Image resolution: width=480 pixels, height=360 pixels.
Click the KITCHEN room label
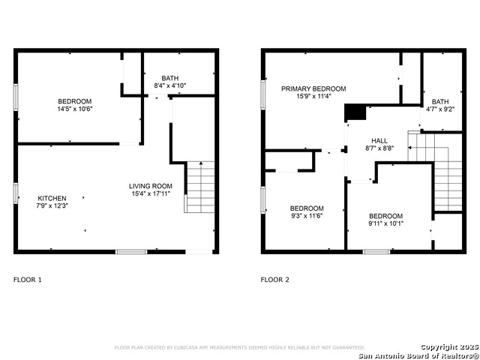52,198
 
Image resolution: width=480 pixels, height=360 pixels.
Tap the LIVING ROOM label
151,186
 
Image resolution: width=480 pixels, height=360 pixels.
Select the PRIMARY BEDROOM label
313,88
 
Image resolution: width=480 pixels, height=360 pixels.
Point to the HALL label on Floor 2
379,141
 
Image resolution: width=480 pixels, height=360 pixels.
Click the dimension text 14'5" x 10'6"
75,109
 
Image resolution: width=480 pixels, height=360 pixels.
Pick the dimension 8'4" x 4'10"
170,85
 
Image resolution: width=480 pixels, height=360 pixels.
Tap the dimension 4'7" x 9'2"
440,109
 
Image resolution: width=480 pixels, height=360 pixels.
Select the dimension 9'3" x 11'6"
307,216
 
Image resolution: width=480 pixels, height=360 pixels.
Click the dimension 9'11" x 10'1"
385,223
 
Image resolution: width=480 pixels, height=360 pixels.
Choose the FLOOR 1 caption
28,280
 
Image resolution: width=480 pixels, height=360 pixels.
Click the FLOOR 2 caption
275,280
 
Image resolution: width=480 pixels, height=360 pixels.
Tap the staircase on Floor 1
200,187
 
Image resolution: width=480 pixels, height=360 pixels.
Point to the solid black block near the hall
355,112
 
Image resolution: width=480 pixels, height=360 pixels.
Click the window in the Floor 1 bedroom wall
16,97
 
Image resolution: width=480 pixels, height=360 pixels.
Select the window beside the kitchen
16,193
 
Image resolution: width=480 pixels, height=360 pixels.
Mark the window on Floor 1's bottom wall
131,252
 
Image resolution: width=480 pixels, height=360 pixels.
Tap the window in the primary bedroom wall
263,95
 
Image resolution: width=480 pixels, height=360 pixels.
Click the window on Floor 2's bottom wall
376,252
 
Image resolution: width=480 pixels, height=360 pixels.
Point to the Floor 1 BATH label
170,78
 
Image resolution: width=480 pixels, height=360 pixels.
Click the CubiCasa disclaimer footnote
240,347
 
